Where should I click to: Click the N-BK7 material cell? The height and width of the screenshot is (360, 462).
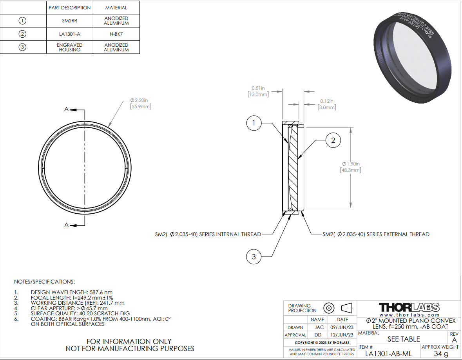[x=116, y=34]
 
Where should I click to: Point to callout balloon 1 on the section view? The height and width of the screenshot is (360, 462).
[x=254, y=124]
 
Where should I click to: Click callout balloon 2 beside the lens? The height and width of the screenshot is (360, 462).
[x=333, y=140]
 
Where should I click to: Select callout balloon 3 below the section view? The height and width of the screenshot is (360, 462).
[x=254, y=257]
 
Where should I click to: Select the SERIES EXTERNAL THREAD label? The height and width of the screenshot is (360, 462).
[x=376, y=235]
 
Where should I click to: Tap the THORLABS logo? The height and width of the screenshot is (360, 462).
[x=409, y=307]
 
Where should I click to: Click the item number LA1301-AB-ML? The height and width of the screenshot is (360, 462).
[x=388, y=353]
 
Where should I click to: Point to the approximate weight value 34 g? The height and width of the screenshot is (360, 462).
[x=440, y=353]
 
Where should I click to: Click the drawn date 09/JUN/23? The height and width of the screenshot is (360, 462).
[x=342, y=327]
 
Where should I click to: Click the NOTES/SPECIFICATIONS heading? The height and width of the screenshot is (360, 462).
[x=44, y=282]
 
